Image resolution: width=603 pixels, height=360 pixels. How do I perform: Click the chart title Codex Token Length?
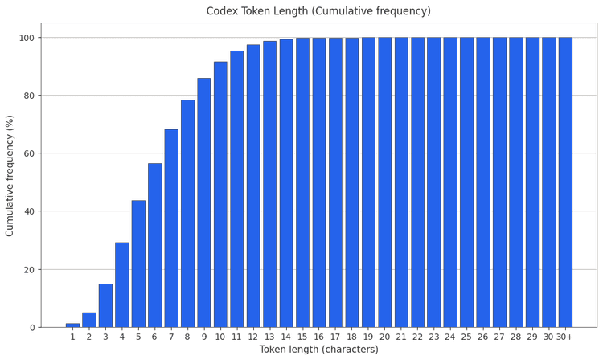coord(318,11)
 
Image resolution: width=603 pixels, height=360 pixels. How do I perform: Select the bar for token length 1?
coord(72,325)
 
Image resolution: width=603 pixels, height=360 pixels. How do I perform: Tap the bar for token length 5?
coord(138,264)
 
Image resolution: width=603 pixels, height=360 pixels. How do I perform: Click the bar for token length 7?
coord(171,228)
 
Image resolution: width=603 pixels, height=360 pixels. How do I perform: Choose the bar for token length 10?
coord(220,194)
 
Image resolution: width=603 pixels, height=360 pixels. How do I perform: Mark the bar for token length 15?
coord(302,182)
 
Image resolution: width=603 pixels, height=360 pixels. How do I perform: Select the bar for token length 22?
coord(417,182)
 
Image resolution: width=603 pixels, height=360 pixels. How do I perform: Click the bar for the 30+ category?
coord(564,182)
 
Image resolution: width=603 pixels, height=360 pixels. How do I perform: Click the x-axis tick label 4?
coord(122,337)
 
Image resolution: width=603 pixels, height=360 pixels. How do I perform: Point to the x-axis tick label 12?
coord(253,337)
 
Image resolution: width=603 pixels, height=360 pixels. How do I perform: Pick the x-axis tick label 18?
coord(351,337)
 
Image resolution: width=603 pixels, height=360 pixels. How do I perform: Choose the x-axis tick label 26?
coord(482,337)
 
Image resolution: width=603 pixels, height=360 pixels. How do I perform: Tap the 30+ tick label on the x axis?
coord(564,337)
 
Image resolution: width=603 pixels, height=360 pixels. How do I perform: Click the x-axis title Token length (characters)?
coord(318,350)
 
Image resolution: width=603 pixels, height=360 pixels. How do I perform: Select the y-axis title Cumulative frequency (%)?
coord(10,182)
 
